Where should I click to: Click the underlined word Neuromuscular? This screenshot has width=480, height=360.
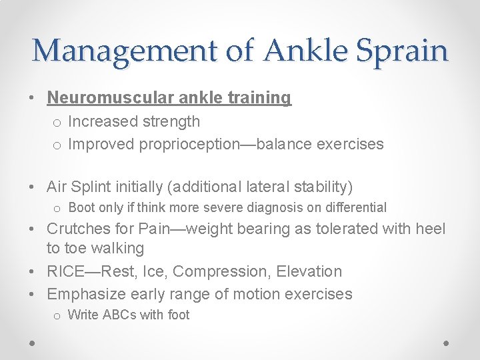pos(107,98)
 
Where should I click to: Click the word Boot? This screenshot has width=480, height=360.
pos(82,208)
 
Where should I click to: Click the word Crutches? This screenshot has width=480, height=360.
pos(78,229)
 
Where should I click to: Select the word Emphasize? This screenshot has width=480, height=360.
pos(85,294)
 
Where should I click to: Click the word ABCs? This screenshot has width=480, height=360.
pos(119,315)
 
